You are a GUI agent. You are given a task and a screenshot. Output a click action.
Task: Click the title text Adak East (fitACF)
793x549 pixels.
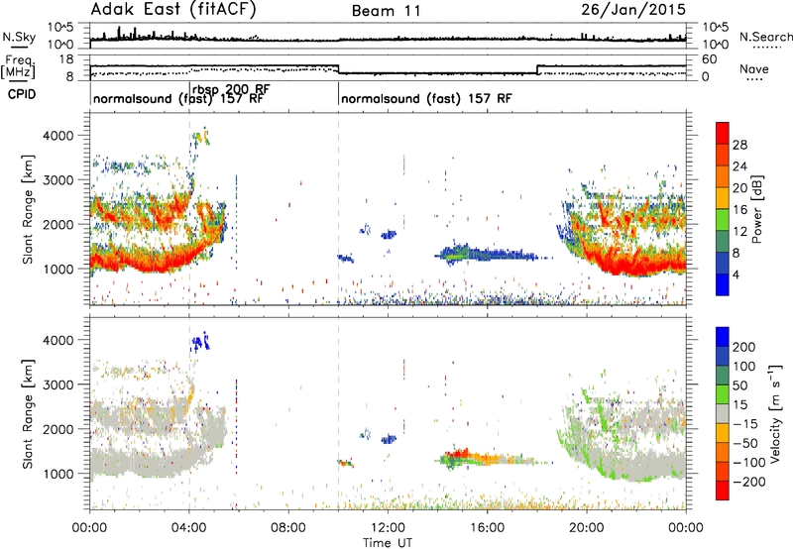tap(172, 10)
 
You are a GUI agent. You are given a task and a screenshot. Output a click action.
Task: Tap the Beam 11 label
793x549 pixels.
tap(386, 11)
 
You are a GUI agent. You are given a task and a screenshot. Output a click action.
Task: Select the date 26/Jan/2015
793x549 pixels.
tap(633, 10)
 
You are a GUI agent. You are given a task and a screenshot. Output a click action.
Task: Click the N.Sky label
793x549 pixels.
tap(19, 37)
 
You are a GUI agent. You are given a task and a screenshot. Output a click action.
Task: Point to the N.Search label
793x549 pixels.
tap(765, 37)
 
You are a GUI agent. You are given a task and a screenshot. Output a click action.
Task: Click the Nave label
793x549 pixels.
tap(754, 68)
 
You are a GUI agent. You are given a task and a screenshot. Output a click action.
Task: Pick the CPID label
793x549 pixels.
tap(22, 94)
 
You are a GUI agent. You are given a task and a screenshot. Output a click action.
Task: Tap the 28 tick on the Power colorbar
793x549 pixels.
tap(739, 145)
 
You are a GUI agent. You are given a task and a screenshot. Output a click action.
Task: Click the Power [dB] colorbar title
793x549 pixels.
tap(757, 209)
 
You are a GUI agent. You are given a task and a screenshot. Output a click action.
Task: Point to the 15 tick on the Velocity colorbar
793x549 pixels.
tap(739, 405)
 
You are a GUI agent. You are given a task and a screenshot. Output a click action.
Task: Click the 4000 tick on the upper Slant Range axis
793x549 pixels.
tap(58, 136)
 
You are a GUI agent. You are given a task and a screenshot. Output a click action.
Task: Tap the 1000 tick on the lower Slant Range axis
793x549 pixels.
tap(58, 474)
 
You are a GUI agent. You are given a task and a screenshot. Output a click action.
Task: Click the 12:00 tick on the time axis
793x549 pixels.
tap(388, 528)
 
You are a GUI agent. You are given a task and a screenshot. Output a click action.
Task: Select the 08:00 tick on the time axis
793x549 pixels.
tap(288, 528)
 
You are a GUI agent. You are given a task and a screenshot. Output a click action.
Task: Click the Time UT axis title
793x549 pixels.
tap(388, 542)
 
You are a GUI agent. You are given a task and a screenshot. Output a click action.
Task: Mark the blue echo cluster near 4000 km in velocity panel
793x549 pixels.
tap(200, 342)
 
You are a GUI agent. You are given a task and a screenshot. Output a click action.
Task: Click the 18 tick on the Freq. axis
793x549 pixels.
tap(66, 59)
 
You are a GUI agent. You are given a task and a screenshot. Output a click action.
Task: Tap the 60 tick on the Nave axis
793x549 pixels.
tap(710, 59)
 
